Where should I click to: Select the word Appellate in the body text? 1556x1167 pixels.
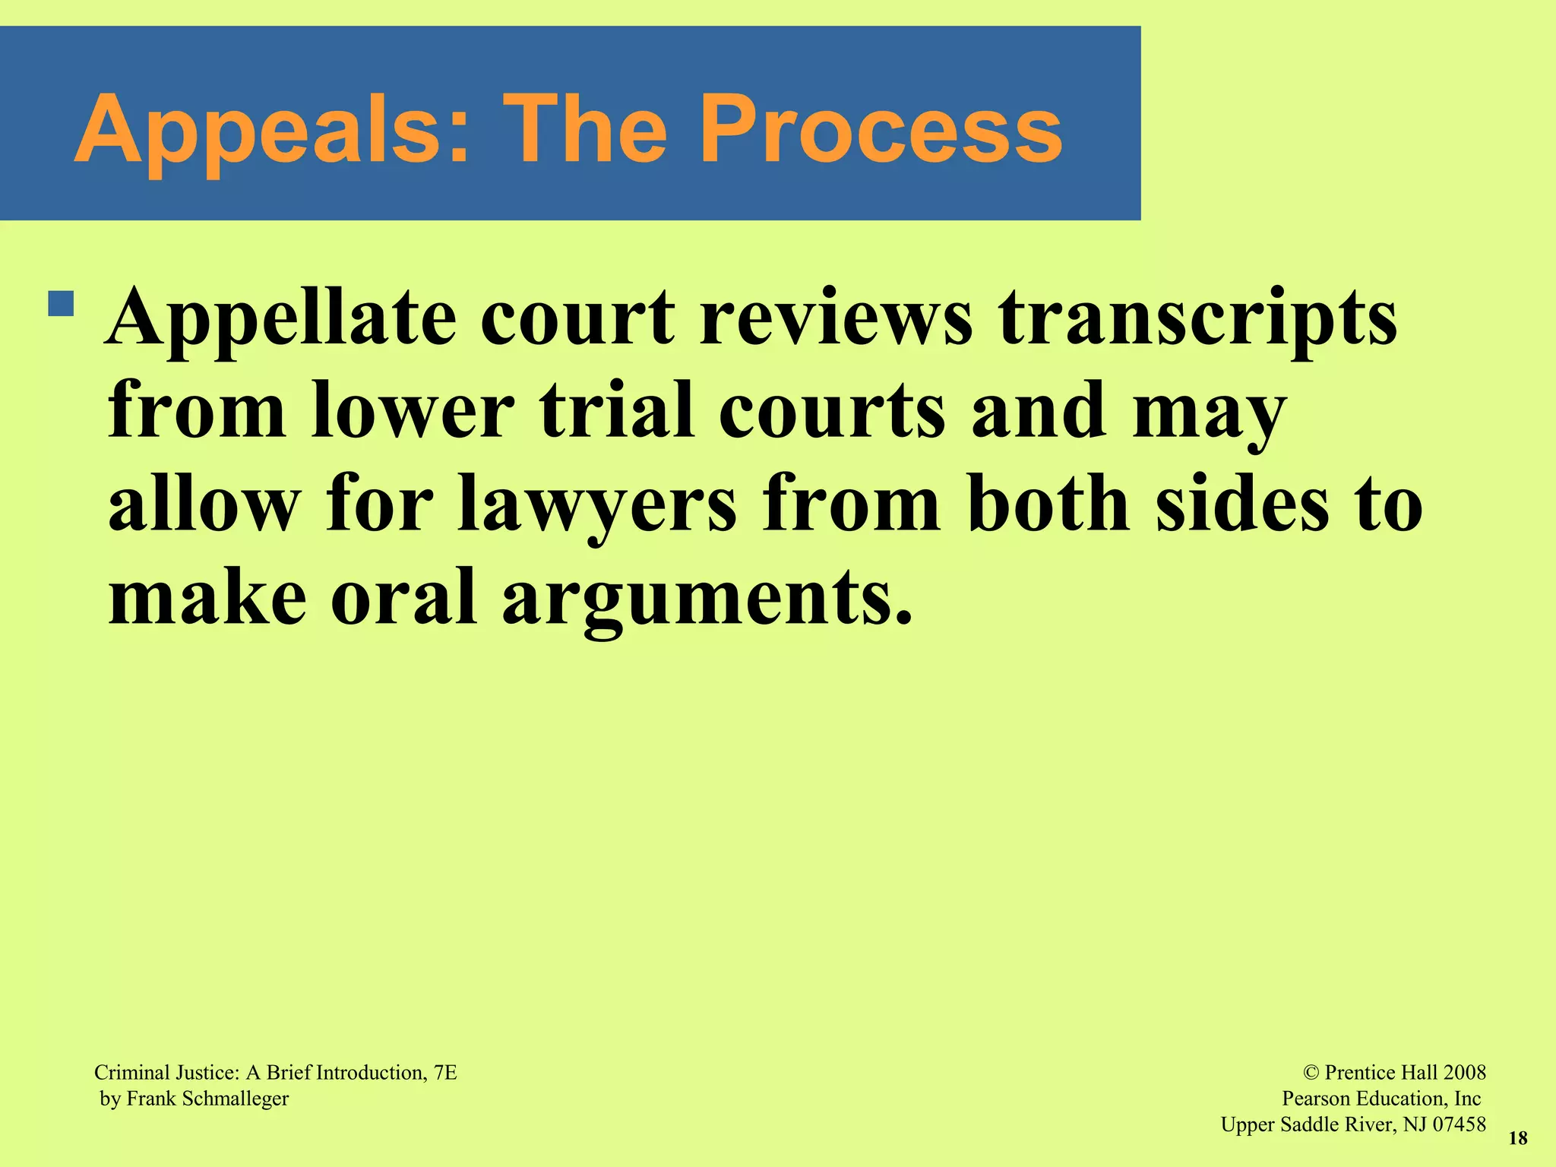click(x=281, y=318)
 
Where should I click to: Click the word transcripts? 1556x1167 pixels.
click(x=1198, y=318)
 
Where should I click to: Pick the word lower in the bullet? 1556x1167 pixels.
click(x=413, y=411)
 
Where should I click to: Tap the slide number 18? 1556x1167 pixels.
click(x=1517, y=1138)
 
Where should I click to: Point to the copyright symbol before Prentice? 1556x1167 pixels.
click(x=1311, y=1073)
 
